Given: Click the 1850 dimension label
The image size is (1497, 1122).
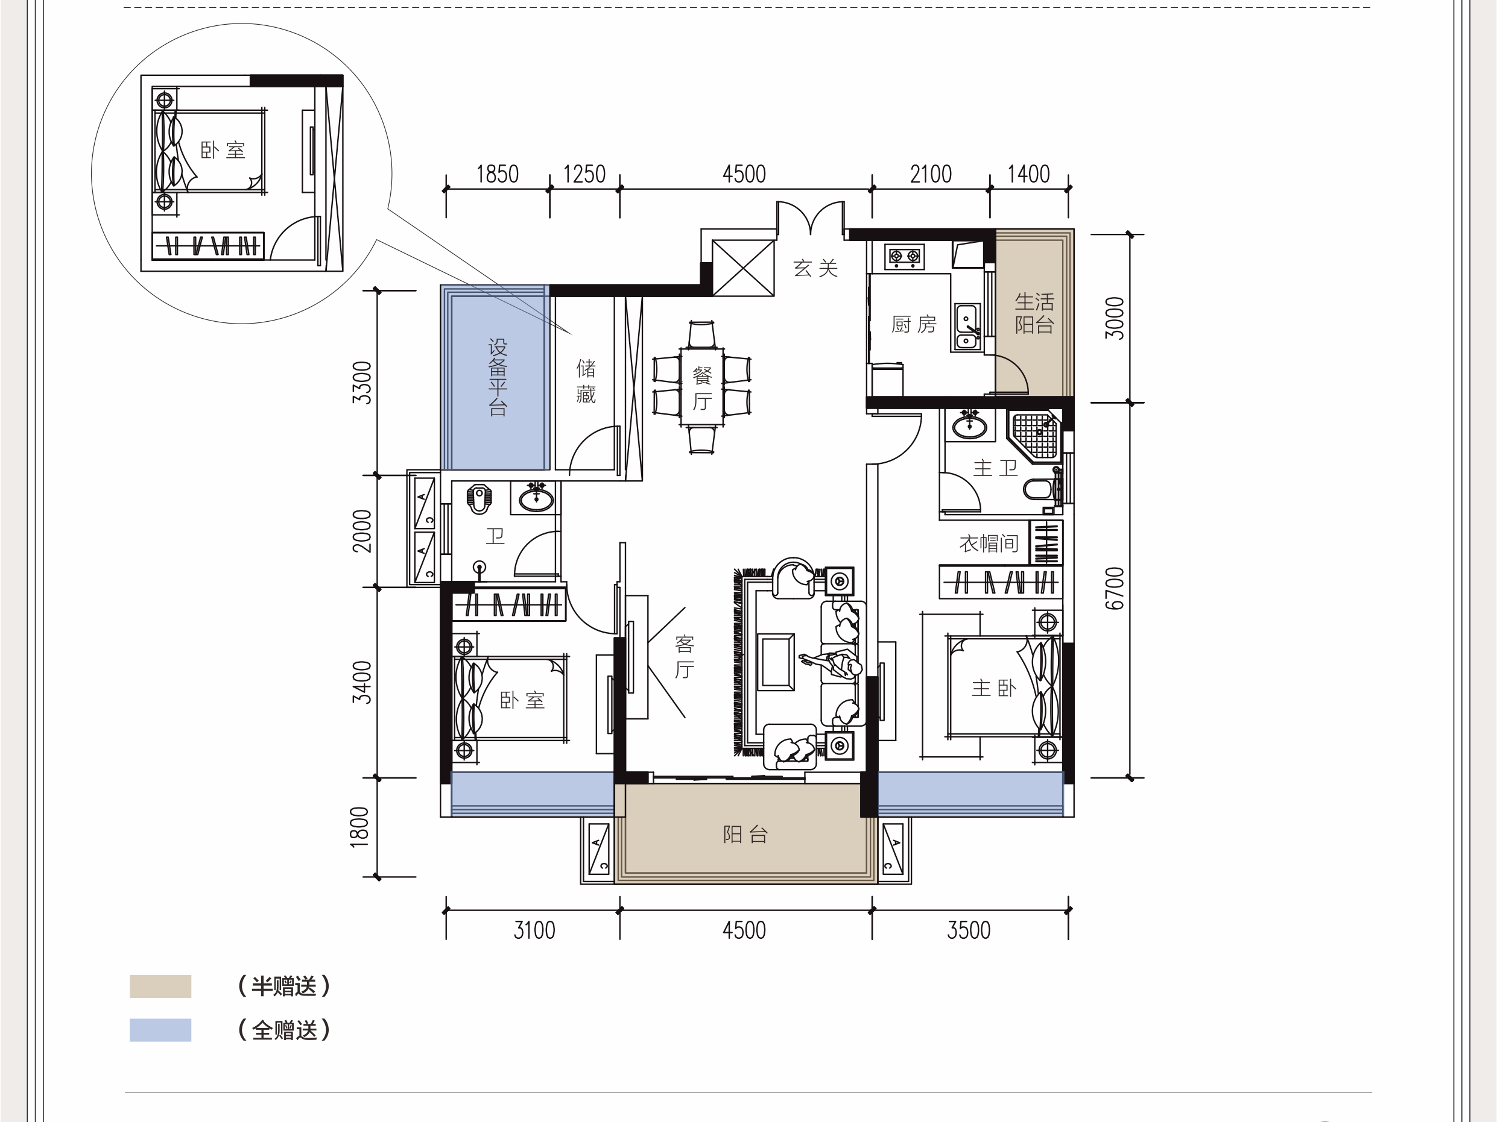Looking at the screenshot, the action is [x=498, y=175].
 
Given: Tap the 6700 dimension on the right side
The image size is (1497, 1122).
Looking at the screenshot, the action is [x=1115, y=588].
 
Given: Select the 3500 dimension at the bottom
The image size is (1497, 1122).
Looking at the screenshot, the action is [x=969, y=930].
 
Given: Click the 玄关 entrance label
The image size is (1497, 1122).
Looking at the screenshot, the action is [x=815, y=269].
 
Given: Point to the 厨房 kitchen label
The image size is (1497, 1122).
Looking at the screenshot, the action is [x=914, y=325].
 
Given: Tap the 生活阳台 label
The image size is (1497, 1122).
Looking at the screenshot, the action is [x=1034, y=313].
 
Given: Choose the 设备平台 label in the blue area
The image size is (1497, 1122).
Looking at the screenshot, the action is [x=498, y=377].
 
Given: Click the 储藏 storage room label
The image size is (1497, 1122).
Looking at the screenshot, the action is [x=586, y=381].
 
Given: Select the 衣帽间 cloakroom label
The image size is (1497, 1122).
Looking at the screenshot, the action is [x=989, y=543].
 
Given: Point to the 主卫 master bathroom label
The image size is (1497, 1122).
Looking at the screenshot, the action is [x=995, y=468].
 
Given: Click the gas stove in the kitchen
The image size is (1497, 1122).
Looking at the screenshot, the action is [x=905, y=256].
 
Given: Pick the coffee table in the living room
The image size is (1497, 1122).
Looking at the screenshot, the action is [x=776, y=662].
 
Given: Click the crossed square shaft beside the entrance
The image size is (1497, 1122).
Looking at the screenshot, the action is [x=743, y=268].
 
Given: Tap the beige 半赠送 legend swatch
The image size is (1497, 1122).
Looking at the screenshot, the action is [x=160, y=986].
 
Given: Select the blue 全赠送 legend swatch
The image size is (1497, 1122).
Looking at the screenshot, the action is [x=160, y=1030].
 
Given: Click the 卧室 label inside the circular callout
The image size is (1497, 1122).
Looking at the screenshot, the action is [x=223, y=150].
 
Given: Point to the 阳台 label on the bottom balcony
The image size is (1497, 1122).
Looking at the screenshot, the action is [x=745, y=835].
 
